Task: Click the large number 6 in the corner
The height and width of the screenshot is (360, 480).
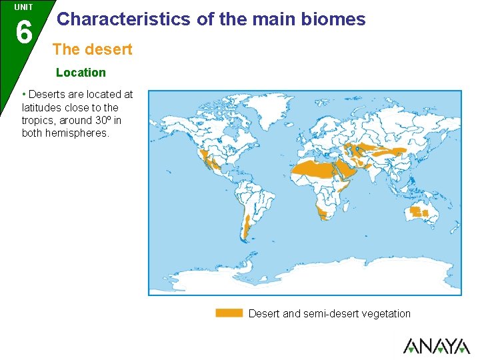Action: (23, 31)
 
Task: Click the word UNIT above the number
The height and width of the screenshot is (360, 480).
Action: (23, 7)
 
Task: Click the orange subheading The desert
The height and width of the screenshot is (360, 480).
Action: (92, 49)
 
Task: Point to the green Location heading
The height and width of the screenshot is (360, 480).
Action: (81, 72)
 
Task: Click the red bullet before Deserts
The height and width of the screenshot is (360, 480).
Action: (24, 94)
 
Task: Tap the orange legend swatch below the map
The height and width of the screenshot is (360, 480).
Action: (229, 313)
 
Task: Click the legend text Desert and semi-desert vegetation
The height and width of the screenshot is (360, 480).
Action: (329, 313)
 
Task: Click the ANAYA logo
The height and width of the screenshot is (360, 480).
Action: (436, 346)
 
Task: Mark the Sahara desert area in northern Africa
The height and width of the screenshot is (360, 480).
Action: (313, 169)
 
